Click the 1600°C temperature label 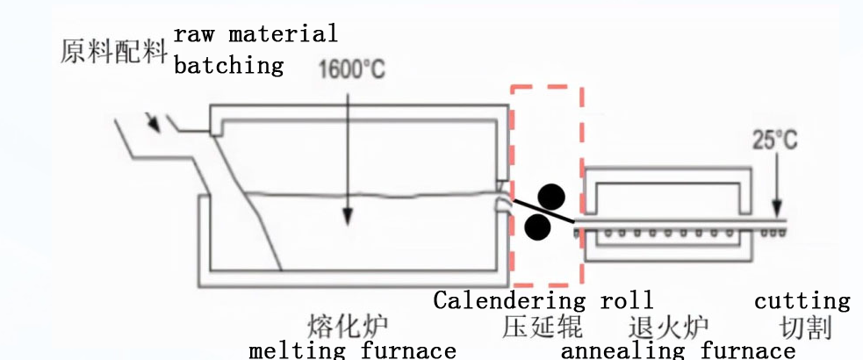351,69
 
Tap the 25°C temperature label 775,140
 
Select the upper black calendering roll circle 550,197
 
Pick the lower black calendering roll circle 537,228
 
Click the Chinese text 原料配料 114,51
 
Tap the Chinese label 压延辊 543,328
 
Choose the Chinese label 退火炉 668,328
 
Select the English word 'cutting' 802,301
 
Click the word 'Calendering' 509,300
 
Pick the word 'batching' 229,65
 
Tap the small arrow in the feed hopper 155,126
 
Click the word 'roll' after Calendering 626,300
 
